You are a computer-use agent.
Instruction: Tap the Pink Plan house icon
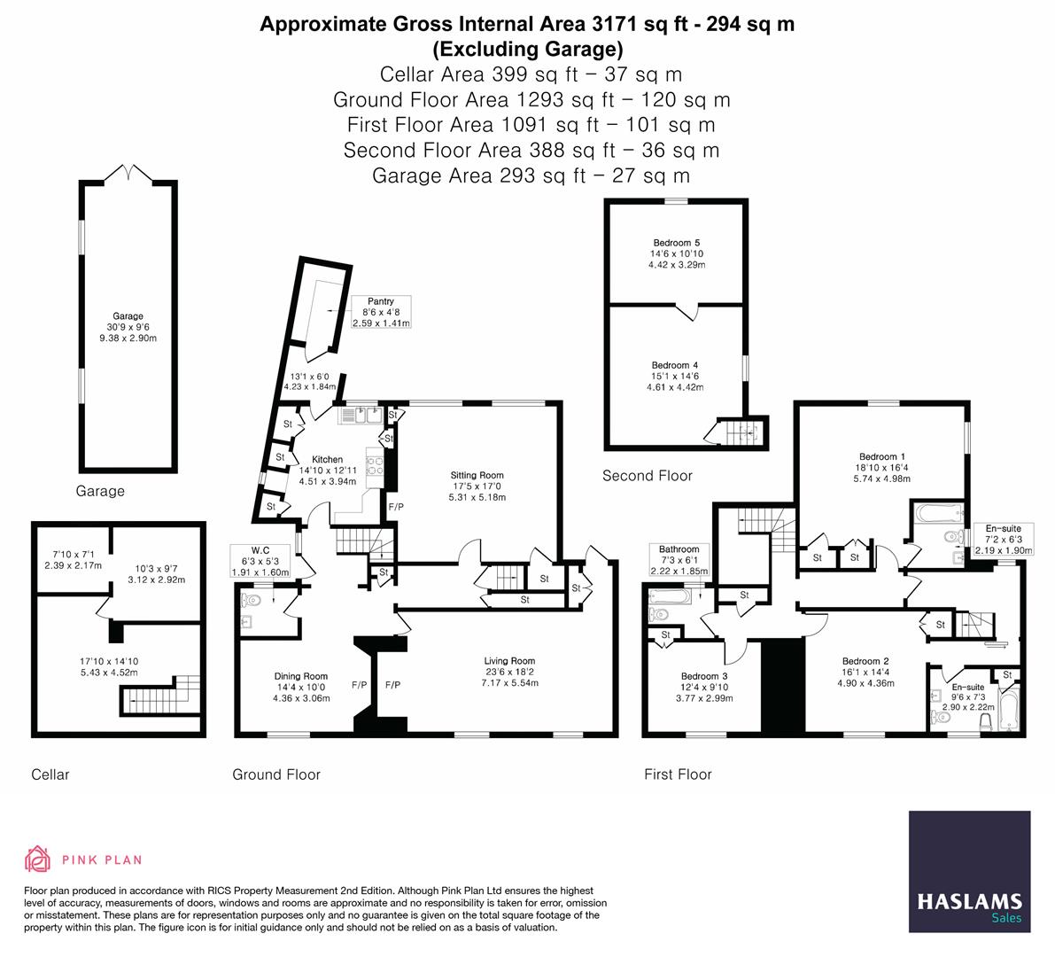point(38,859)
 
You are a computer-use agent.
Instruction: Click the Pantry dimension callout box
point(381,313)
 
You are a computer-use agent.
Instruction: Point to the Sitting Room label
point(477,486)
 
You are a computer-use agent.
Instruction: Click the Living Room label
point(509,672)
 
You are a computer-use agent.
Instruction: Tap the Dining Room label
point(302,687)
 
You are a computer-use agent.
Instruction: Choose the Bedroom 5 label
point(676,253)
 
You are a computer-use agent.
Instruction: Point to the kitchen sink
point(359,414)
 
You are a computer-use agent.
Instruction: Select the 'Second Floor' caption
point(647,476)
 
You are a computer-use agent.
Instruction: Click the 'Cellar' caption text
point(50,774)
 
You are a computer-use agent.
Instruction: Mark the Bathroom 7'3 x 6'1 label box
point(679,560)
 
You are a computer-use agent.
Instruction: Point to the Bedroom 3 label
point(705,687)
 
